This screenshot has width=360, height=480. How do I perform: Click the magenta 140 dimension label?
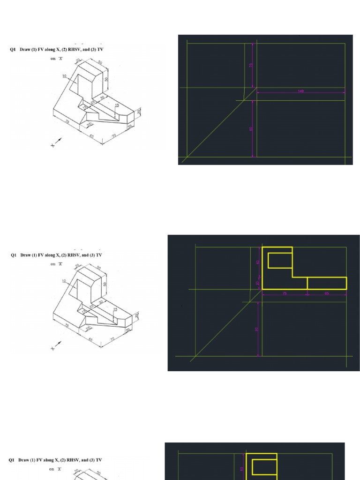pos(300,91)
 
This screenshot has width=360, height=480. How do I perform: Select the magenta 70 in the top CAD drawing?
pos(251,66)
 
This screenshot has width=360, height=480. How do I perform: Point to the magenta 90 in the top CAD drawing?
pos(251,128)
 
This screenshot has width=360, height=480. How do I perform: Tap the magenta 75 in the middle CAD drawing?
pos(285,294)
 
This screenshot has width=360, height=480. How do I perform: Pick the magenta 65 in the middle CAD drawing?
pos(327,294)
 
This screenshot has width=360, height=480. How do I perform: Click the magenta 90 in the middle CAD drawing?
pos(257,329)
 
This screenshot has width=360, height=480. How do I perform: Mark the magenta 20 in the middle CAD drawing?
pos(257,283)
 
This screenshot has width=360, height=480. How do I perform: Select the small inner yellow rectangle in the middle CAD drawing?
pos(280,260)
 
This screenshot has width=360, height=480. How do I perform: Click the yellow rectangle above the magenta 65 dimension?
pos(327,283)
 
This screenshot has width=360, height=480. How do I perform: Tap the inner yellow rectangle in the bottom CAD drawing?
pos(265,467)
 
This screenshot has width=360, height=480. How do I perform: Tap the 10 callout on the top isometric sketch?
pos(64,76)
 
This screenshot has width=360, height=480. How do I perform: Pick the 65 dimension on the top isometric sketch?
pos(92,136)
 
